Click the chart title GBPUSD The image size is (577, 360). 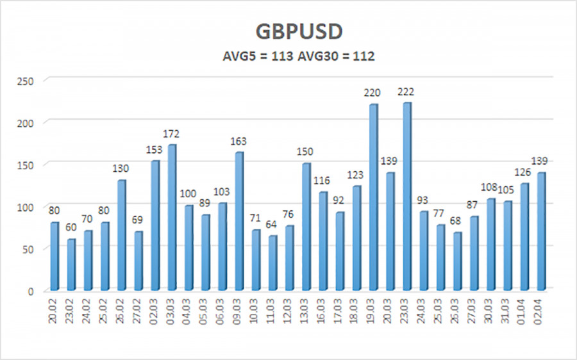[x=288, y=31]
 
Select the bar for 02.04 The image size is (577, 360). [x=541, y=231]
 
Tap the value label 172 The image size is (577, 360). [x=171, y=134]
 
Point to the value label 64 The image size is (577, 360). [x=272, y=225]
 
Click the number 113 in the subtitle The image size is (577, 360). [x=282, y=56]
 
